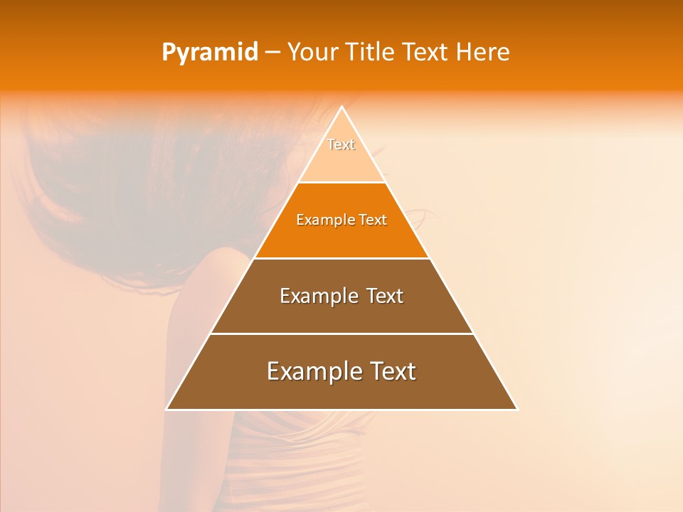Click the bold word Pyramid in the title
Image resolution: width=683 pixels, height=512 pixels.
[x=209, y=53]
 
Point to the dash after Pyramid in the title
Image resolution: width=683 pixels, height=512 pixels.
[x=272, y=53]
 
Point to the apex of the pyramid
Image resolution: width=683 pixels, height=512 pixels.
[x=342, y=107]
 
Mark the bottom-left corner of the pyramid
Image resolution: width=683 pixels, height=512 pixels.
[x=167, y=409]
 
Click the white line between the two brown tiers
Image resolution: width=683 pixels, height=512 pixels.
[x=341, y=334]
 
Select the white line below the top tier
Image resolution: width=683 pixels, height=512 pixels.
[x=341, y=183]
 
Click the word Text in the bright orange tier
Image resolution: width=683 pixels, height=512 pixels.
[x=373, y=220]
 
